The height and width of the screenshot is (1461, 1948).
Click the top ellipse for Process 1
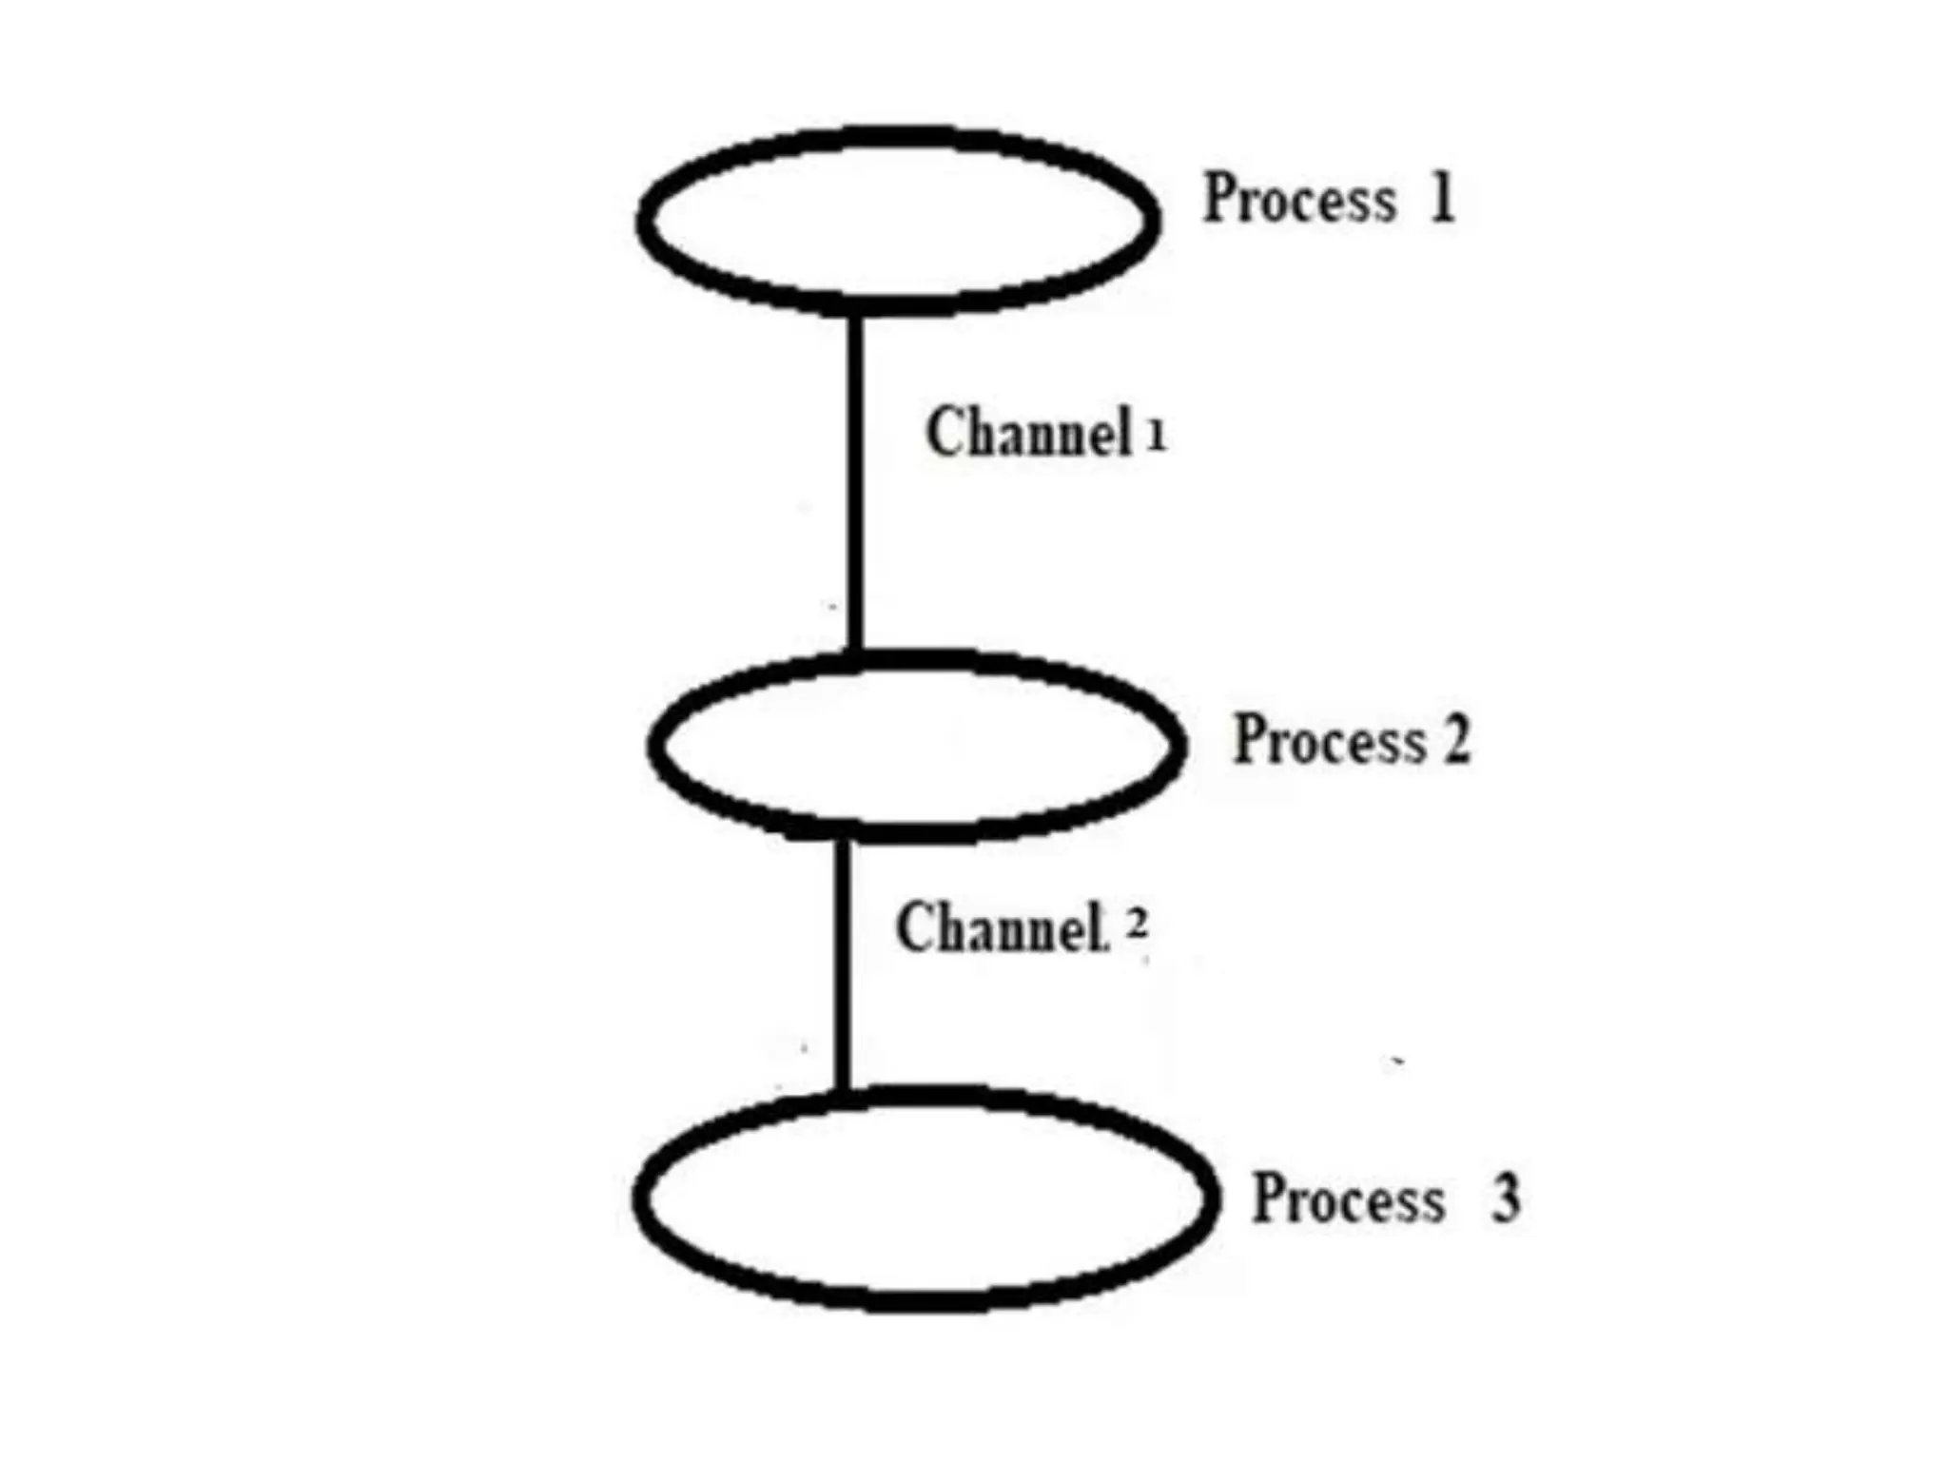click(898, 220)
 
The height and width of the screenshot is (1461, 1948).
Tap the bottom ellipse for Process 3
click(925, 1198)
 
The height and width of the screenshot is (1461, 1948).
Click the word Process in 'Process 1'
click(1299, 199)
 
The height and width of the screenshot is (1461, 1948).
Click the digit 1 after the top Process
click(1443, 198)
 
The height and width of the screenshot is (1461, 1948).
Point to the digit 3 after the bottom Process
click(1505, 1198)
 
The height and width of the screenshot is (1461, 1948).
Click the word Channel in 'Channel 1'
click(1028, 433)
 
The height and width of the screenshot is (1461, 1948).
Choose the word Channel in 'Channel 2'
click(1001, 927)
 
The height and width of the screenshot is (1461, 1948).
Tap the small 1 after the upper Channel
click(1156, 437)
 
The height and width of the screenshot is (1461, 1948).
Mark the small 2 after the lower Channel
click(1137, 924)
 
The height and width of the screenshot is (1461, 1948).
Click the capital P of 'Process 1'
click(1219, 199)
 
